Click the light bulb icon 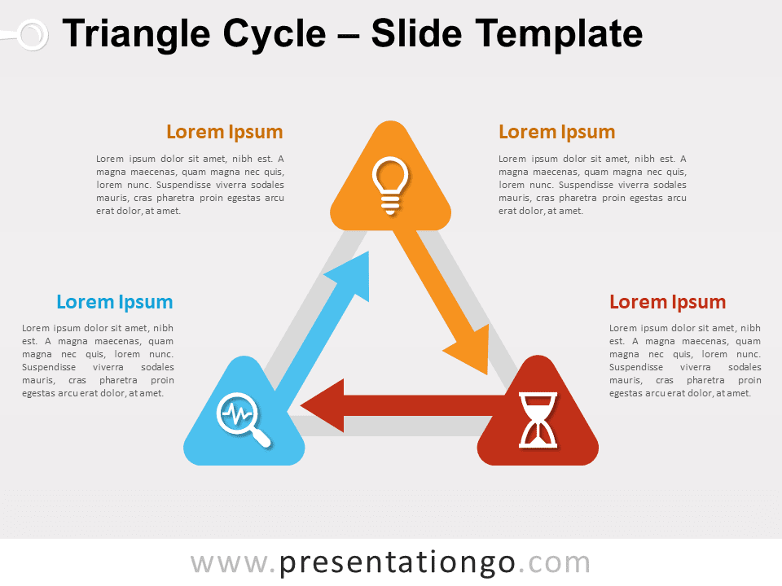click(x=390, y=186)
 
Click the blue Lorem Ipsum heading click(x=115, y=302)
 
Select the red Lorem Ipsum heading click(x=667, y=302)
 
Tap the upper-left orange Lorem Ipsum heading click(x=225, y=132)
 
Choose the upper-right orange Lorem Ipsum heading click(x=556, y=132)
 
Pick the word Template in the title click(x=558, y=34)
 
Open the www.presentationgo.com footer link click(x=390, y=562)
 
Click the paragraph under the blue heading click(x=98, y=361)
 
